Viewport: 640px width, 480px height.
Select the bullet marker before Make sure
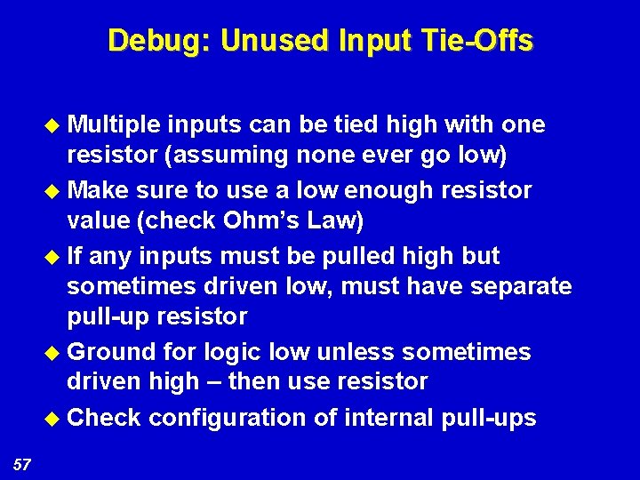point(53,191)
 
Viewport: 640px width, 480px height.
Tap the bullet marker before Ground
point(53,353)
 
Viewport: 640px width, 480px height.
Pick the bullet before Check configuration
point(53,418)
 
